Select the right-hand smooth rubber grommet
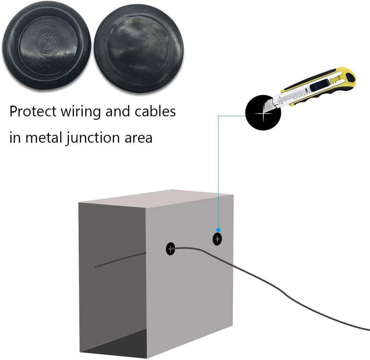[x=139, y=48]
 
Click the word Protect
[x=33, y=111]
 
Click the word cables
[x=155, y=111]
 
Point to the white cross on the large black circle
[x=263, y=113]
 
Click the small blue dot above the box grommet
[x=218, y=230]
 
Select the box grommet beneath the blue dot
[x=217, y=239]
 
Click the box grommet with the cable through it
[x=170, y=249]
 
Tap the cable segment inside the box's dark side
[x=120, y=260]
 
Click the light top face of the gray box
[x=156, y=199]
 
